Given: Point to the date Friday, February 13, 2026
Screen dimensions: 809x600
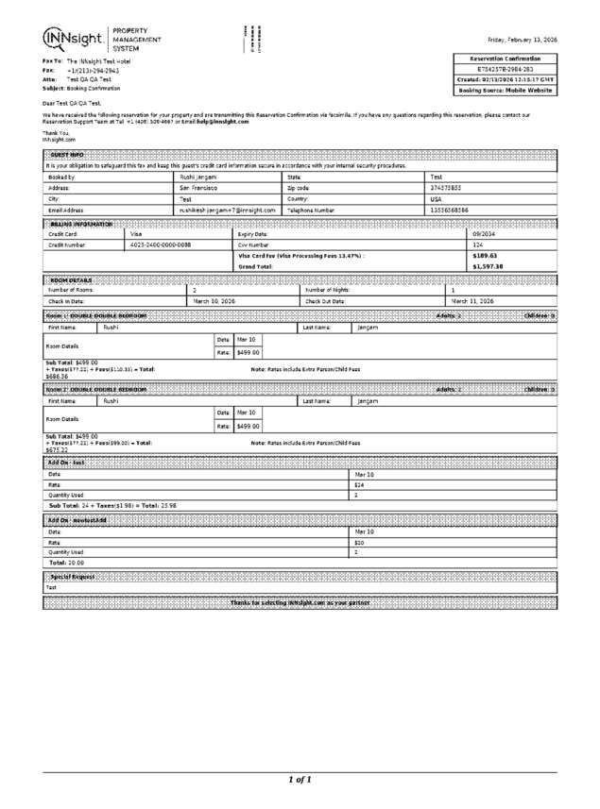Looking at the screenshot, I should [522, 40].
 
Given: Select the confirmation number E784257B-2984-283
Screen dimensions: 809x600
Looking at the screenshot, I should [505, 69].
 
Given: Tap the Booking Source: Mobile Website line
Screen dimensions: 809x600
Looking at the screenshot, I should [505, 90].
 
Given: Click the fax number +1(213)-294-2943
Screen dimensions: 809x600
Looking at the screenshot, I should [93, 71].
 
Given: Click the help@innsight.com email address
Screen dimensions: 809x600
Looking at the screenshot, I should [222, 122].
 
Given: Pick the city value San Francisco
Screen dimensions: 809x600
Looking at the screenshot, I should [199, 188].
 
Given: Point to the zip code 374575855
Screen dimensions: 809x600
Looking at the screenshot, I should [445, 188].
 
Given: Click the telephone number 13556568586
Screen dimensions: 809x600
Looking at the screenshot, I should [449, 211].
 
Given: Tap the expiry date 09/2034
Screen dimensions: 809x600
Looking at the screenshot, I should [484, 233].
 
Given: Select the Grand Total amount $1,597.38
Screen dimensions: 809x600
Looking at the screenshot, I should [488, 267].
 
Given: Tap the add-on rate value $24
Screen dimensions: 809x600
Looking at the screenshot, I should [359, 484].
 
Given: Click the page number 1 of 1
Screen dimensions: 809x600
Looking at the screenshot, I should [300, 780].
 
